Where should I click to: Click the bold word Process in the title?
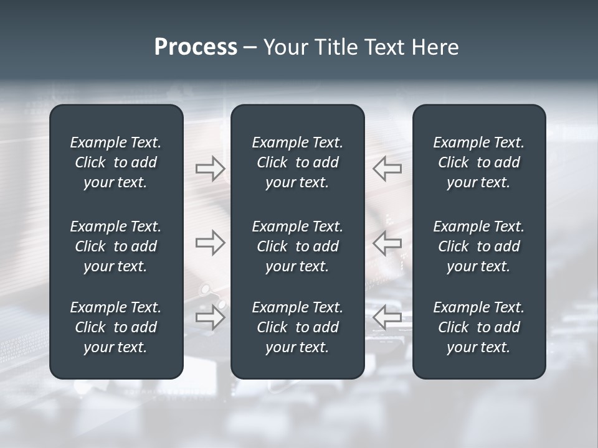(x=196, y=47)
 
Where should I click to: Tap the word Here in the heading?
(x=435, y=47)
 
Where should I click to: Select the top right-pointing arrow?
(x=210, y=169)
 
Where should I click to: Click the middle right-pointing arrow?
(x=210, y=243)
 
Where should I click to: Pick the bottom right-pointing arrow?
(x=210, y=317)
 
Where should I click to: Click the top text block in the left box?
(x=116, y=162)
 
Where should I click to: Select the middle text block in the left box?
(x=116, y=246)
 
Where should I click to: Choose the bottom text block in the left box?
(x=116, y=327)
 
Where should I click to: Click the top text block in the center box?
(x=298, y=162)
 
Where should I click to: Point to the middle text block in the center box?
(x=298, y=246)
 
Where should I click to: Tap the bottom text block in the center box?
(x=298, y=327)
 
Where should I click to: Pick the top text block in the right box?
(x=479, y=162)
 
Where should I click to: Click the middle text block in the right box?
(x=479, y=246)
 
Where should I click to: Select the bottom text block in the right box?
(x=479, y=327)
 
